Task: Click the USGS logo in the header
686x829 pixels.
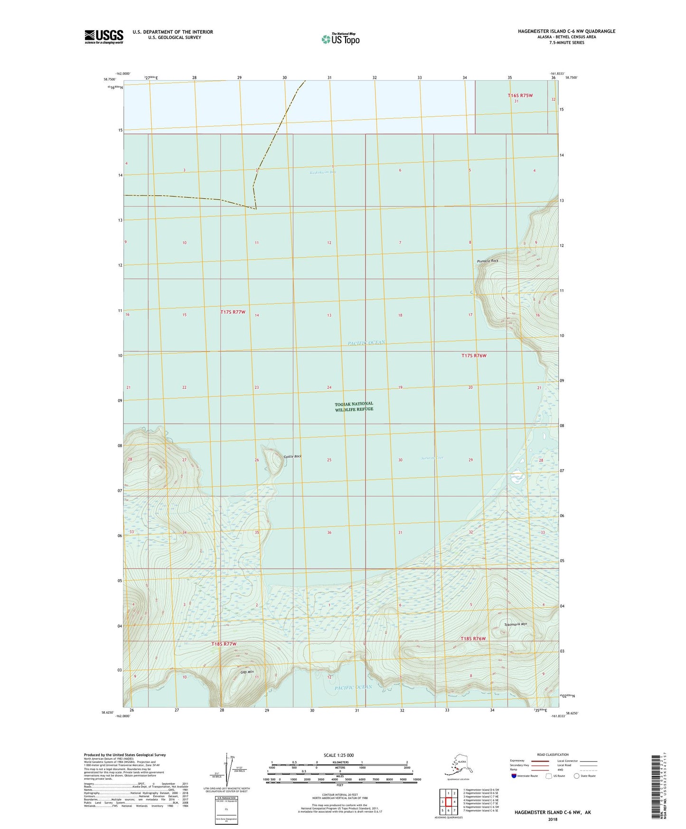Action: coord(104,37)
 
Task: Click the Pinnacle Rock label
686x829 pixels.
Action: coord(488,261)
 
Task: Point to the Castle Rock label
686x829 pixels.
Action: coord(292,457)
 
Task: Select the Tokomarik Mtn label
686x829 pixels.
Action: coord(515,624)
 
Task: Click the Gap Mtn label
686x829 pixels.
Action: coord(247,672)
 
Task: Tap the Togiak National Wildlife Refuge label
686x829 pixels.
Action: coord(354,406)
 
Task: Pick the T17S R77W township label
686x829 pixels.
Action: coord(233,312)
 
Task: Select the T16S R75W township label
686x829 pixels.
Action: coord(520,95)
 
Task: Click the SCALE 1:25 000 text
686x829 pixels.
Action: coord(338,755)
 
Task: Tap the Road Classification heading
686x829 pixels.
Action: coord(553,754)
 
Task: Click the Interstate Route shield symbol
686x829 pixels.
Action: coord(514,776)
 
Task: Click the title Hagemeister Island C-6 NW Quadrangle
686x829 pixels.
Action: coord(566,31)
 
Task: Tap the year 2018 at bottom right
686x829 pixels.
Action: coord(553,820)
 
